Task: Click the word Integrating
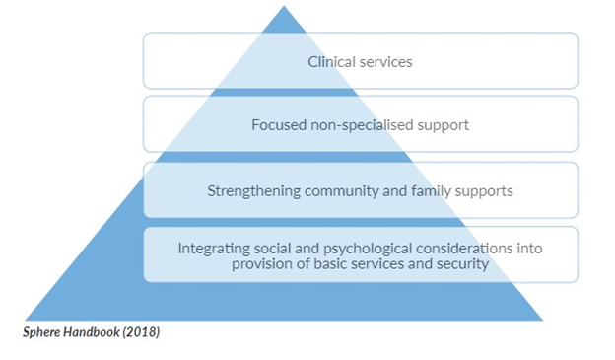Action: pyautogui.click(x=212, y=248)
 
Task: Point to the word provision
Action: pyautogui.click(x=263, y=263)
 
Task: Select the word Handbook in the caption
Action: pyautogui.click(x=97, y=332)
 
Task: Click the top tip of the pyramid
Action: pyautogui.click(x=284, y=8)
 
